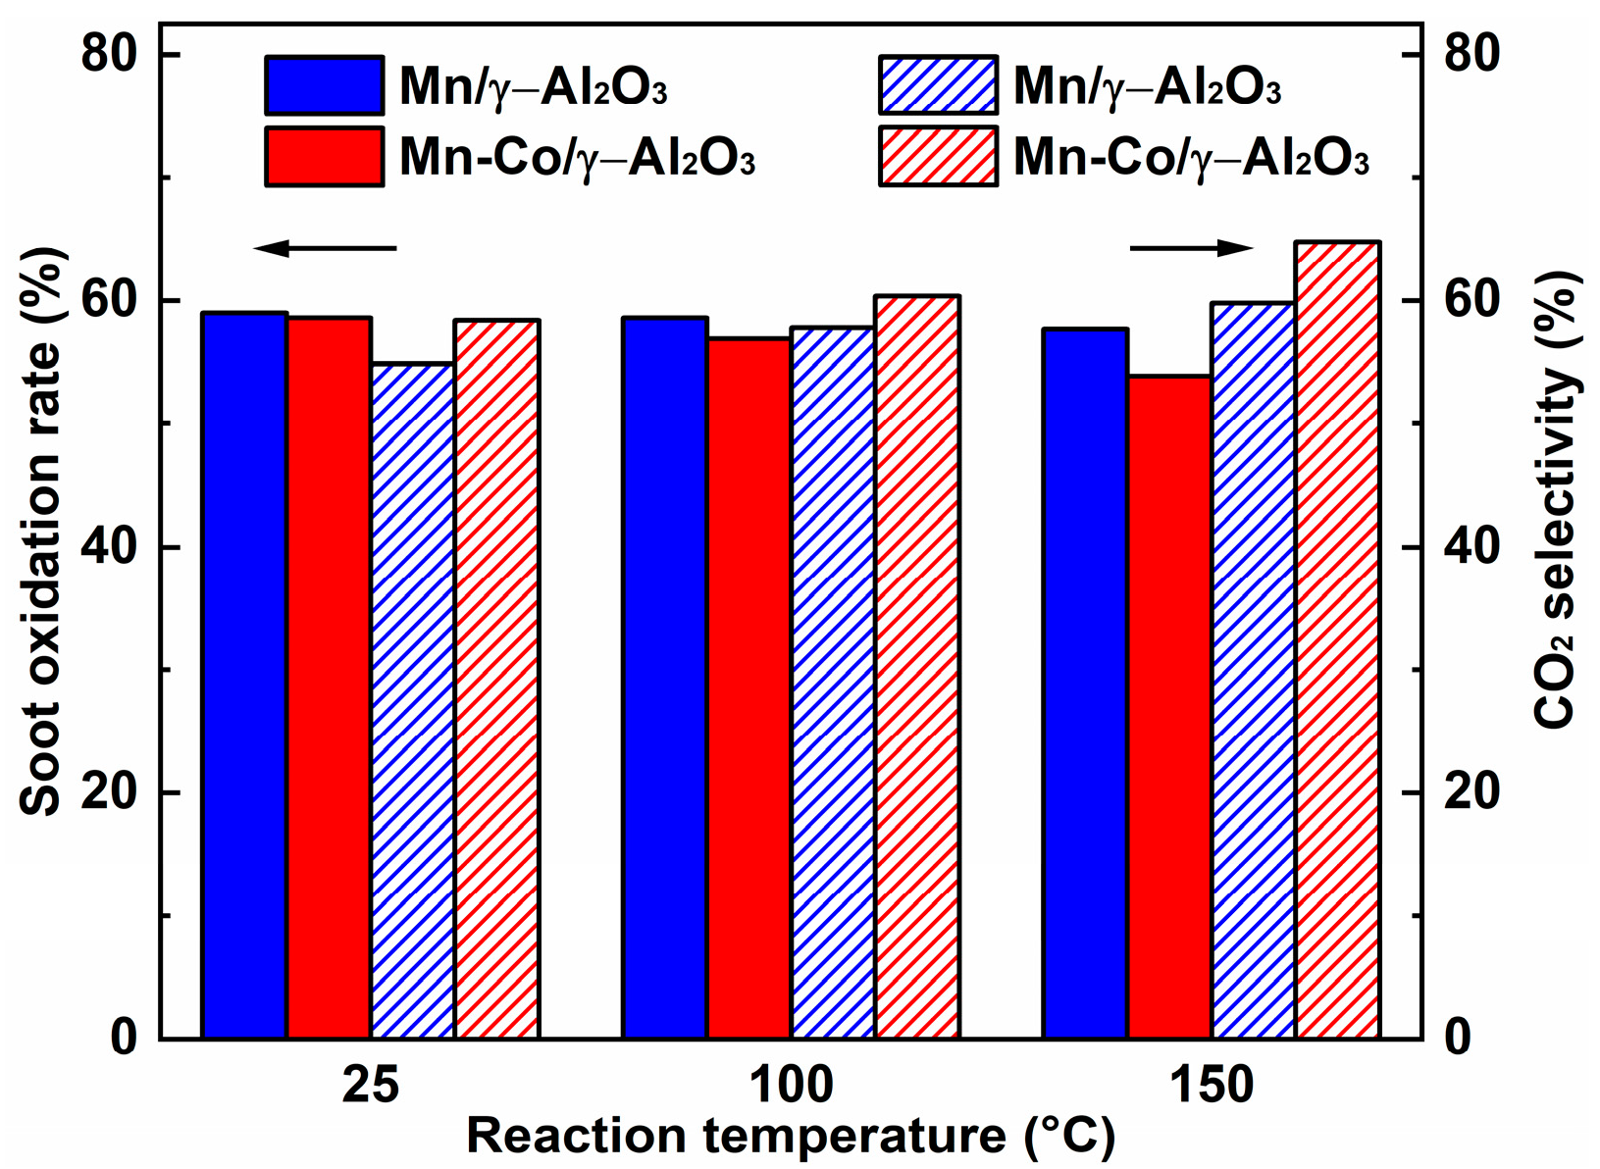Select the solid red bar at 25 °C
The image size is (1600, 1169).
coord(329,677)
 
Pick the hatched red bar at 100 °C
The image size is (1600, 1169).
coord(917,666)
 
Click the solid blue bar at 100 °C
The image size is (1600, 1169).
coord(665,677)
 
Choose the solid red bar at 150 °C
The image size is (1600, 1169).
coord(1169,706)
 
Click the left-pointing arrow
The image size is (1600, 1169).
coord(324,248)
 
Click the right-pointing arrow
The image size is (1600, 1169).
coord(1192,248)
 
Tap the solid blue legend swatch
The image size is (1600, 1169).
coord(324,85)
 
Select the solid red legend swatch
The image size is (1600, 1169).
coord(324,156)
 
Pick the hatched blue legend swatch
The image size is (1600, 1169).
coord(938,85)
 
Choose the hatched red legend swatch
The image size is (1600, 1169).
coord(938,156)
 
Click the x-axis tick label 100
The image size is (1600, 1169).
coord(791,1086)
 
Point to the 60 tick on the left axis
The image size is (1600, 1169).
coord(108,300)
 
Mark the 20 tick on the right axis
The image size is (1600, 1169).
coord(1472,792)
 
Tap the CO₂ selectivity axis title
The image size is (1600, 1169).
coord(1559,500)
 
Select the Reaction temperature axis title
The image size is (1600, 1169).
coord(791,1137)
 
